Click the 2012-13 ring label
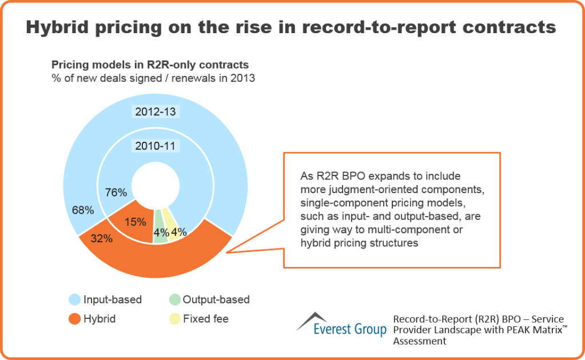156,111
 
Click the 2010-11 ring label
156,146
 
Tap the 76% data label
116,193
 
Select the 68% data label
83,211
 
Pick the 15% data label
136,222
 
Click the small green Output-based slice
161,226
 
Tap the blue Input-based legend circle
74,299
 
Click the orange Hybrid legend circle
74,319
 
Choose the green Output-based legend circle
174,299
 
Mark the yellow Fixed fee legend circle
174,319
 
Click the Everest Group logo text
350,329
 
